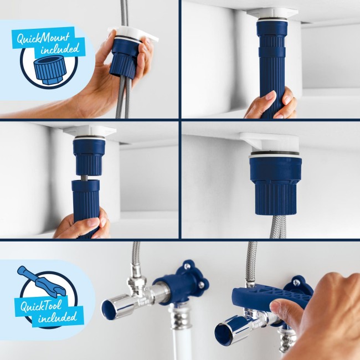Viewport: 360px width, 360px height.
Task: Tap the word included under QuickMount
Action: coord(60,49)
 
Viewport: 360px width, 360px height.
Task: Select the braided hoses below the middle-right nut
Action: coord(279,226)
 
